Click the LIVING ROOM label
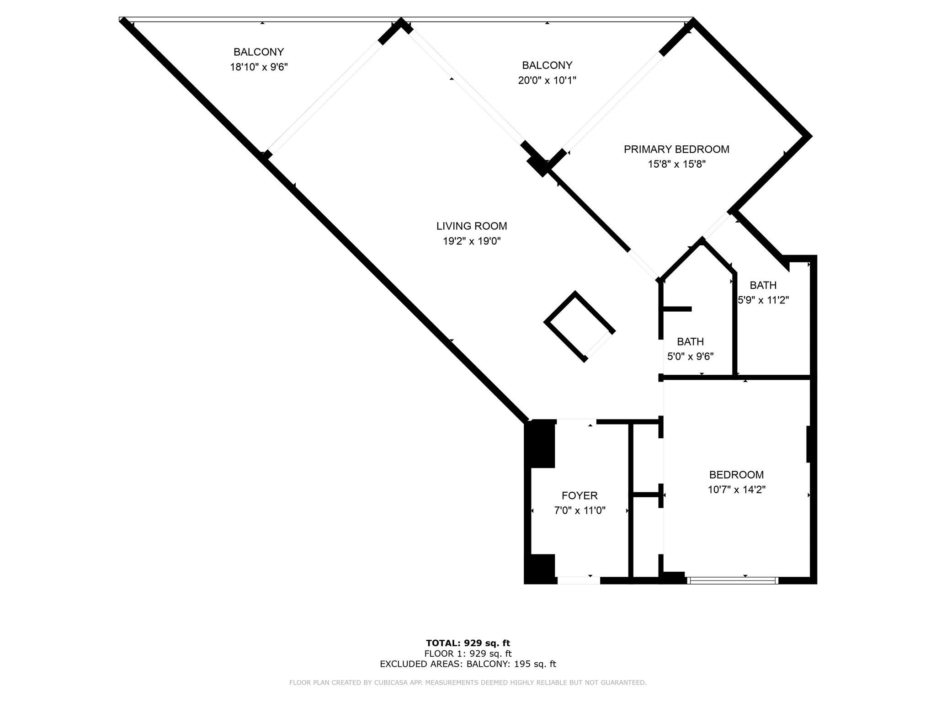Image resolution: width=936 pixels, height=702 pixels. click(472, 226)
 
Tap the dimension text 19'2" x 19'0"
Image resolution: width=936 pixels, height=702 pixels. click(472, 241)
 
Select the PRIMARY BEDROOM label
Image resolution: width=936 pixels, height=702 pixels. click(676, 149)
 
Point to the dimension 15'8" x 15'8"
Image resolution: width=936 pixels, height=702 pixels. click(676, 164)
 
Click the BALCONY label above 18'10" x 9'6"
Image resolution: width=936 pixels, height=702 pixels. click(259, 52)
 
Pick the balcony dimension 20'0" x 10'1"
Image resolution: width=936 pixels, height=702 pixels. click(547, 80)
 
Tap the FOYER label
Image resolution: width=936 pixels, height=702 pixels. click(580, 495)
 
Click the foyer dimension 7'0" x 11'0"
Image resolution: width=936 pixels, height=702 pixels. click(580, 511)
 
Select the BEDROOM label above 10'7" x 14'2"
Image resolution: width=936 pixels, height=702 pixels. click(736, 474)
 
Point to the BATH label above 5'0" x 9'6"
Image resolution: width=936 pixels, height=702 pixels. click(690, 341)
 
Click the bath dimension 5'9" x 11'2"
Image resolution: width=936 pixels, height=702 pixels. click(763, 300)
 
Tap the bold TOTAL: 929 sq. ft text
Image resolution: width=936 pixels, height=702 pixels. click(468, 643)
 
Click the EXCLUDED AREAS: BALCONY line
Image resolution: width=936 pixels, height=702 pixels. click(468, 664)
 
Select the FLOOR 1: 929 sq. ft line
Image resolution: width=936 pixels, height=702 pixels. click(468, 654)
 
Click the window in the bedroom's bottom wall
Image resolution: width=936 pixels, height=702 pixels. click(732, 580)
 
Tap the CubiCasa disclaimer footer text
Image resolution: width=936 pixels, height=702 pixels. click(468, 682)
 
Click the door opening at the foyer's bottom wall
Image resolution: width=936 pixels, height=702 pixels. click(578, 580)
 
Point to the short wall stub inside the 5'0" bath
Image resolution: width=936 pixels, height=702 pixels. click(677, 309)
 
